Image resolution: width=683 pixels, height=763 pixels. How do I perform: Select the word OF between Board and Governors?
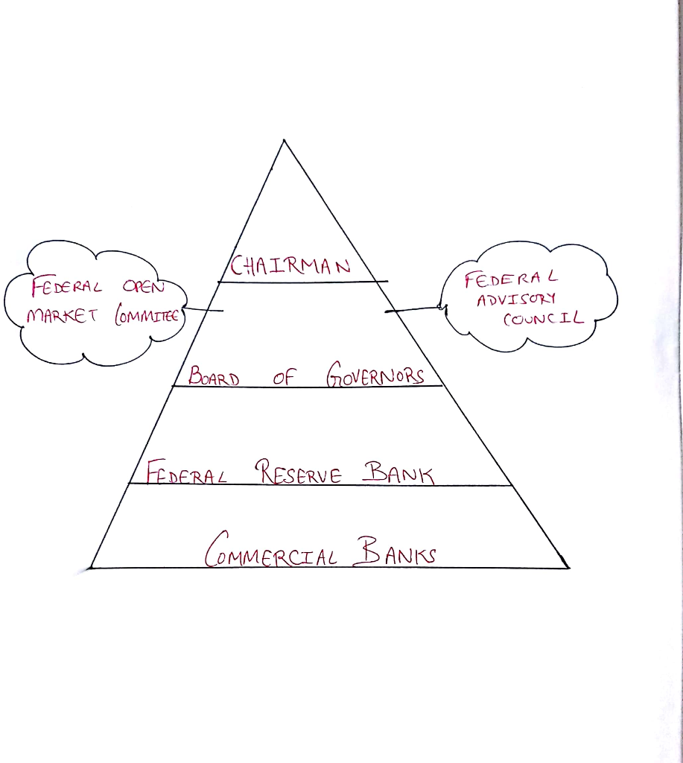tap(284, 377)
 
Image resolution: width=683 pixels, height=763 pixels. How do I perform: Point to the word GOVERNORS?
tap(375, 375)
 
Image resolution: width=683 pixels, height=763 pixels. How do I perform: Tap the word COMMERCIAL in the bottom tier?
tap(271, 552)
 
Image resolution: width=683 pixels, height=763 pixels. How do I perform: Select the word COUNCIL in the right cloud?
tap(541, 318)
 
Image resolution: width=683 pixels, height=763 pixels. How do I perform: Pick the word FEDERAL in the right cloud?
tap(510, 279)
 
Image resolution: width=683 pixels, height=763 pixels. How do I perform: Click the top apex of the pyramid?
tap(283, 141)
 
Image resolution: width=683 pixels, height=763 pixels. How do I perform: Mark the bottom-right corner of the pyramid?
tap(569, 568)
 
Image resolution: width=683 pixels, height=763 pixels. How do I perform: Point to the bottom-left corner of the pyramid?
tap(91, 568)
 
